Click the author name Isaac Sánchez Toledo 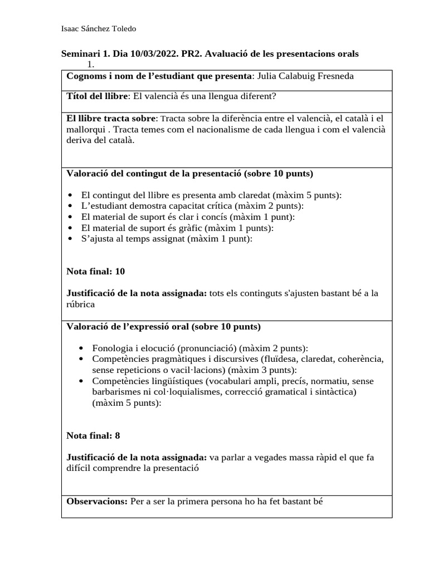[98, 29]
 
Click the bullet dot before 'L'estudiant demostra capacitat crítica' [69, 206]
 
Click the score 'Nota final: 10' [95, 272]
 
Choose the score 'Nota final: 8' [93, 435]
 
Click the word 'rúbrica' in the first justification [80, 304]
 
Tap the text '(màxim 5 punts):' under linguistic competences [127, 403]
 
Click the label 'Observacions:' [97, 501]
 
